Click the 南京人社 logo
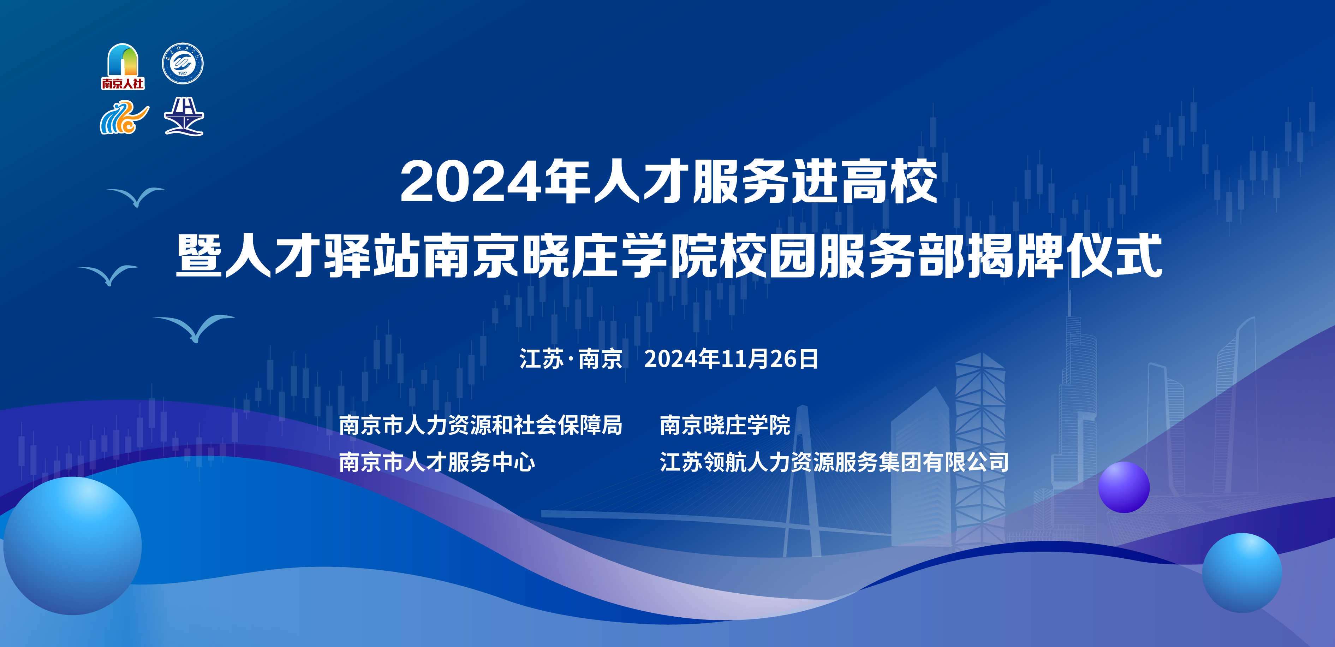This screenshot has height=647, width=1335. pos(123,66)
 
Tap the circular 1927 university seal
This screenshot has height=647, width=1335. pos(183,64)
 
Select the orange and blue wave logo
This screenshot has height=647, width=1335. pos(124,118)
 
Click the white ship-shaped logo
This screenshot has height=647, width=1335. pos(184,117)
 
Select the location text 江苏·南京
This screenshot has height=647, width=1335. pos(571,359)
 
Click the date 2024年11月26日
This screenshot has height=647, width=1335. pos(731,359)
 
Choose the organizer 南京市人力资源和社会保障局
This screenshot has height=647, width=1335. pos(481,425)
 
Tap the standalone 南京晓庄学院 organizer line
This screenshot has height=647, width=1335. pos(725,425)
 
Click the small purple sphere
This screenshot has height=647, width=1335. pos(1124,487)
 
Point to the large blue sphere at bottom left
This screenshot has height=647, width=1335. pos(72,546)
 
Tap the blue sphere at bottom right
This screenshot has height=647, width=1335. pos(1242,573)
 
